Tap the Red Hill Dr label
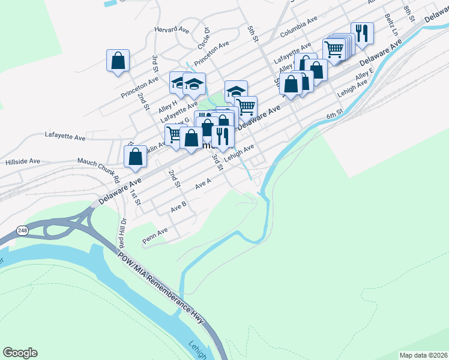coord(121,231)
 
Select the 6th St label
coord(334,113)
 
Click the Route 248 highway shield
coord(22,230)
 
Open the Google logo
coord(20,353)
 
